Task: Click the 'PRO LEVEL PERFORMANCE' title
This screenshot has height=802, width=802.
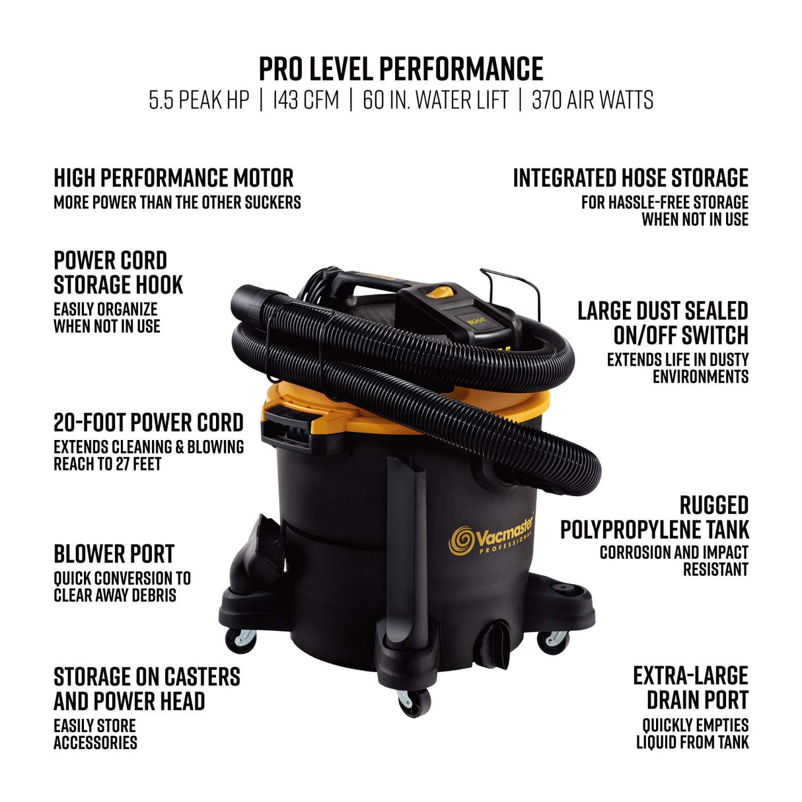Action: click(x=400, y=69)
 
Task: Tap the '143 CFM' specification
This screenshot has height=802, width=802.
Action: click(x=305, y=100)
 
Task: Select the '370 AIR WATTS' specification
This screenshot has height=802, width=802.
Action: click(x=592, y=100)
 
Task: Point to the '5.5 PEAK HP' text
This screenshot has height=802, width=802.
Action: click(x=199, y=100)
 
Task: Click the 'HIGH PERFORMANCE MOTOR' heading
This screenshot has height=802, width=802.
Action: click(x=174, y=178)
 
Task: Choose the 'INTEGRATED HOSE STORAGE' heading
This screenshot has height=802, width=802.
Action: click(x=630, y=178)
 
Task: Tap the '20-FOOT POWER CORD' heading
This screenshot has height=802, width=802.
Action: click(x=149, y=423)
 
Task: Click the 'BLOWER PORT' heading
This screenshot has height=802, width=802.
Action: click(x=114, y=554)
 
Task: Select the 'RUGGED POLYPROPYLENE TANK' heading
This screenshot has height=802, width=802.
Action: click(x=655, y=517)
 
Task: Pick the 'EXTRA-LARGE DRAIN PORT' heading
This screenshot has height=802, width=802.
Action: click(x=690, y=688)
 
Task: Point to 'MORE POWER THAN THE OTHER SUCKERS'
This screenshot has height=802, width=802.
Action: click(x=177, y=202)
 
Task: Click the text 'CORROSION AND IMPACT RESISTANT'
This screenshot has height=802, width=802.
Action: click(x=674, y=561)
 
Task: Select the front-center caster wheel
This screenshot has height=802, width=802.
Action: click(x=414, y=702)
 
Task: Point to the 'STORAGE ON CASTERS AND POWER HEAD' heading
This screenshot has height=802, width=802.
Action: click(x=147, y=689)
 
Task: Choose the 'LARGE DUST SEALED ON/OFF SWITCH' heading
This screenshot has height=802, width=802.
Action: click(x=662, y=323)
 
